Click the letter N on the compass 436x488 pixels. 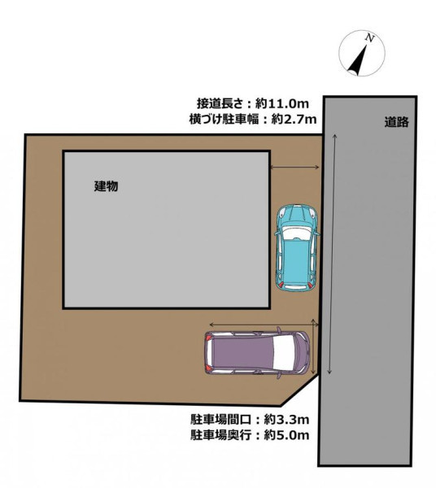point(369,38)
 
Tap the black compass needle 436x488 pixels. point(359,62)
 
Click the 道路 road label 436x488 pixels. point(396,122)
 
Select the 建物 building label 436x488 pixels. point(106,186)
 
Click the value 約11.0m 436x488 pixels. point(282,103)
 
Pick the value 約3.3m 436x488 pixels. point(286,420)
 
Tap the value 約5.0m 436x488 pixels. point(286,435)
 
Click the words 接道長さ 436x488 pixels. point(220,103)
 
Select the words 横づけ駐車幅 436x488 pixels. point(224,119)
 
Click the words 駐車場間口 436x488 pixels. point(220,420)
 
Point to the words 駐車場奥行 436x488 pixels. point(220,435)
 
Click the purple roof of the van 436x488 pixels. point(242,352)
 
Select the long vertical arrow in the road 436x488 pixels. point(332,254)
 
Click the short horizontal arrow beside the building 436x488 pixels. point(294,167)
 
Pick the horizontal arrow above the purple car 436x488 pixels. point(264,325)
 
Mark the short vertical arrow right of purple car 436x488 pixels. point(313,345)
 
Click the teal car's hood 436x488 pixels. point(297,215)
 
